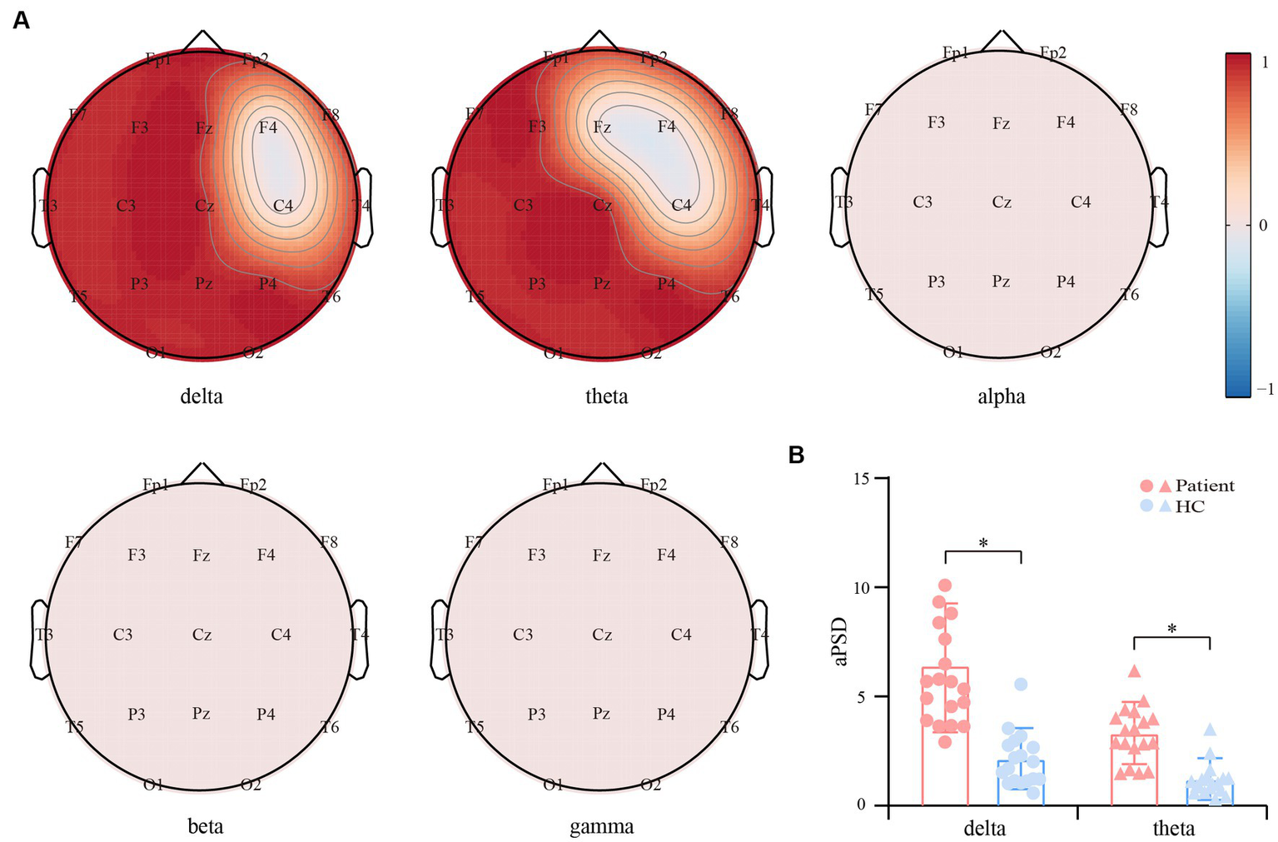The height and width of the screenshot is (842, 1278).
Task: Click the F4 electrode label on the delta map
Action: pos(267,127)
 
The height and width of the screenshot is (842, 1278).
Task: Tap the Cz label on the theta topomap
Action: pos(602,206)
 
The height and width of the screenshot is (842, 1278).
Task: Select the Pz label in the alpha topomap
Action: pos(1001,281)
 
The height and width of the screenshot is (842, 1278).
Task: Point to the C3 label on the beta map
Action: pos(122,635)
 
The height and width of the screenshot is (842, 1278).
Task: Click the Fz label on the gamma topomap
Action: pos(601,555)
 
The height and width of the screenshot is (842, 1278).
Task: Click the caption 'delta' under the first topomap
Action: pos(201,396)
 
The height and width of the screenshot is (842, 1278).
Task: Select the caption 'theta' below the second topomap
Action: pos(606,396)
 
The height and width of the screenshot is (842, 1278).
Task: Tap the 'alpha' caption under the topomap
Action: pos(1001,396)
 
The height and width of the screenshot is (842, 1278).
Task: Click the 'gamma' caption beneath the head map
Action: pos(601,827)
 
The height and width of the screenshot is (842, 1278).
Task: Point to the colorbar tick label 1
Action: pos(1265,61)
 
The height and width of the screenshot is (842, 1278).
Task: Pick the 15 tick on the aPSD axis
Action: pos(861,479)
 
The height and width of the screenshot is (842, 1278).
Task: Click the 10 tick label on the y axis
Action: pos(861,588)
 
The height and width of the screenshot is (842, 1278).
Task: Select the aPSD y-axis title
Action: pos(840,641)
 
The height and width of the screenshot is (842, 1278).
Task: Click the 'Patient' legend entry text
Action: pos(1204,486)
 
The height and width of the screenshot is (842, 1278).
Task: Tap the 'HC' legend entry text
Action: pos(1190,506)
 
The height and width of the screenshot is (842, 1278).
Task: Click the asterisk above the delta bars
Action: pos(983,544)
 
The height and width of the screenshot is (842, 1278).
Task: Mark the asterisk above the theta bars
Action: pos(1171,629)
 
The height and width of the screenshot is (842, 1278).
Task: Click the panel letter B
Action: pos(797,455)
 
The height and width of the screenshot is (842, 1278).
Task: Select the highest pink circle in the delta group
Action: pos(945,585)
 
